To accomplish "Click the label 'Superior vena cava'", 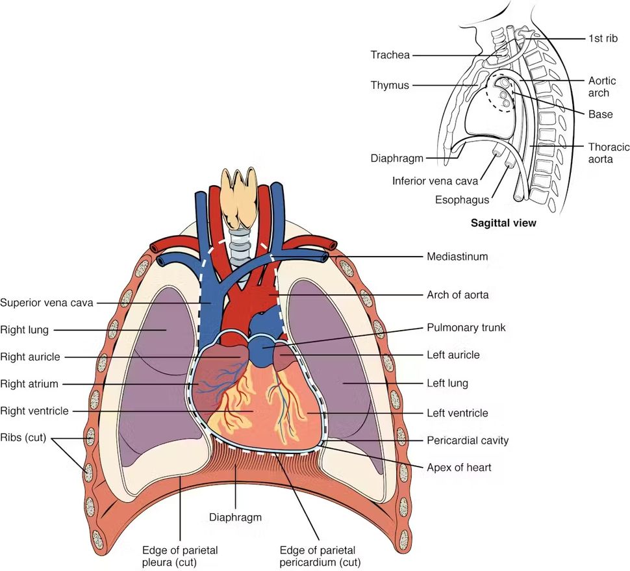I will [x=47, y=302].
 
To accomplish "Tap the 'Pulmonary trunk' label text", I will [x=466, y=327].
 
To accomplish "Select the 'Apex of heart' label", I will [x=459, y=466].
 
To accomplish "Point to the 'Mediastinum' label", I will [x=457, y=257].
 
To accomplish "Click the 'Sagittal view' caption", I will [x=503, y=223].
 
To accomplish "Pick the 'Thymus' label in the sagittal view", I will [x=390, y=85].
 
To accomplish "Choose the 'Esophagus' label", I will [x=462, y=200].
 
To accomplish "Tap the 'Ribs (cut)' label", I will [x=23, y=437].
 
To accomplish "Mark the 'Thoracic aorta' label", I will [x=608, y=153].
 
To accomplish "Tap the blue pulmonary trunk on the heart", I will [x=264, y=349].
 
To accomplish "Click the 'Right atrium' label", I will [x=29, y=384].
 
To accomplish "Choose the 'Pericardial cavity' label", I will [x=467, y=440].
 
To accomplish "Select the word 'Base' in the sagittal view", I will [x=600, y=114].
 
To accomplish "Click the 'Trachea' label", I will [x=390, y=55].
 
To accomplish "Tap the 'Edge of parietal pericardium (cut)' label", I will [x=319, y=556].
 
